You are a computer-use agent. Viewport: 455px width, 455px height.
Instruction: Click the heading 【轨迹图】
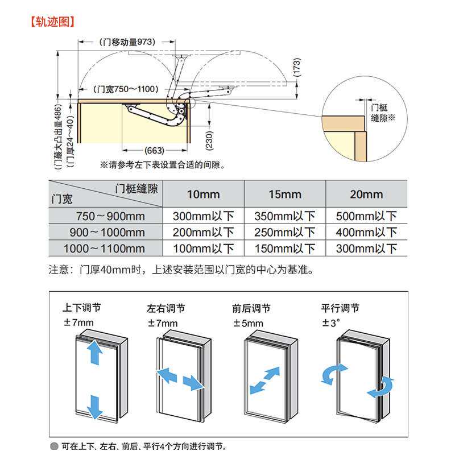click(52, 22)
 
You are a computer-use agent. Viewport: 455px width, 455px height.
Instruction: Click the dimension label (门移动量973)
click(127, 42)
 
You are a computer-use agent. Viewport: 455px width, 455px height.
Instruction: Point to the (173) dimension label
click(297, 69)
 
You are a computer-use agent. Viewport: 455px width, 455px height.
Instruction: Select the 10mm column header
click(203, 195)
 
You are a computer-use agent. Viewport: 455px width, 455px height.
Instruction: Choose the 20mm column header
click(366, 195)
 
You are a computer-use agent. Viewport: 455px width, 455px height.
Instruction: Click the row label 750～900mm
click(110, 216)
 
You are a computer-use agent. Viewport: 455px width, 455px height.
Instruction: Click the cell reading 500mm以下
click(366, 216)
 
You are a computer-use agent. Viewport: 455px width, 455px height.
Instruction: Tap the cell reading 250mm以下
click(284, 233)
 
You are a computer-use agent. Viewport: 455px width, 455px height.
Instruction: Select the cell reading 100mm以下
click(203, 249)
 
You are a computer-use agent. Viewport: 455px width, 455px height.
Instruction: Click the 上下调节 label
click(82, 308)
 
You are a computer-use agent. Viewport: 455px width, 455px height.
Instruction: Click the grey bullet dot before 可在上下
click(55, 446)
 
